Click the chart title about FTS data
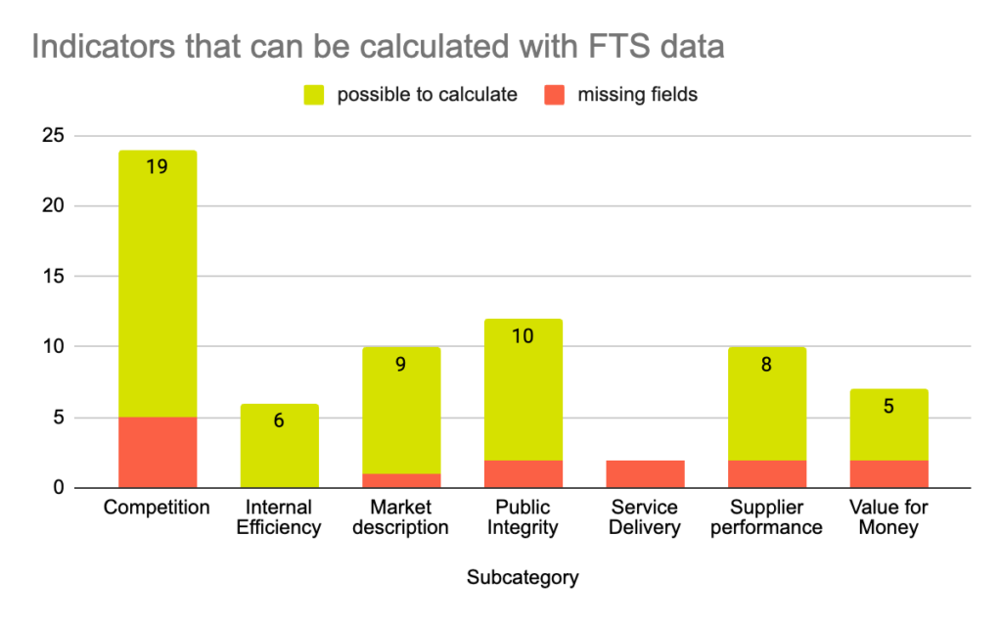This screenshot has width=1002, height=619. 378,46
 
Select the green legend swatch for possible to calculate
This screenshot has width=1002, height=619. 313,95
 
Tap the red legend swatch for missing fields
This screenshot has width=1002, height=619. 555,95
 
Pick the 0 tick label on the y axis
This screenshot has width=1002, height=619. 59,487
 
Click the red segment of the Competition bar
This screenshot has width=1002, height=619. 157,452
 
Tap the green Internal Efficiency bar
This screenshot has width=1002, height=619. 279,445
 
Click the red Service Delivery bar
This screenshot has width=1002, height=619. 645,473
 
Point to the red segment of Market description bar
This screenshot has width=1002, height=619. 401,480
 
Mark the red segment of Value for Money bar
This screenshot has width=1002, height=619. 888,473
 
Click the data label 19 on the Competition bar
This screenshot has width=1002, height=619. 157,166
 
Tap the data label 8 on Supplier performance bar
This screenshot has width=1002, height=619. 766,364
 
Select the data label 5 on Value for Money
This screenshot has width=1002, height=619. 888,405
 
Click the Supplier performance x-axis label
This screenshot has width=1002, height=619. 766,517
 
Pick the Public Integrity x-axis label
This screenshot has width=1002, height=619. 523,517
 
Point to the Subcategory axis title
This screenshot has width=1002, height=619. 522,578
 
